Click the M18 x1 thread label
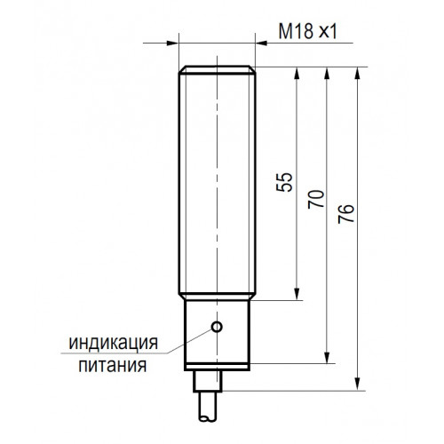pos(308,31)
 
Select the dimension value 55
pos(284,182)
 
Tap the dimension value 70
pos(316,199)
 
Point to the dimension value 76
pos(346,213)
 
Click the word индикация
pos(114,343)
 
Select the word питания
pos(113,365)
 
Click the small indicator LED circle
pos(217,327)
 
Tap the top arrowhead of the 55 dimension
pos(297,73)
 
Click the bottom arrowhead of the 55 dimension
pos(297,294)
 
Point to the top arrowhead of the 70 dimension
pos(327,73)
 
